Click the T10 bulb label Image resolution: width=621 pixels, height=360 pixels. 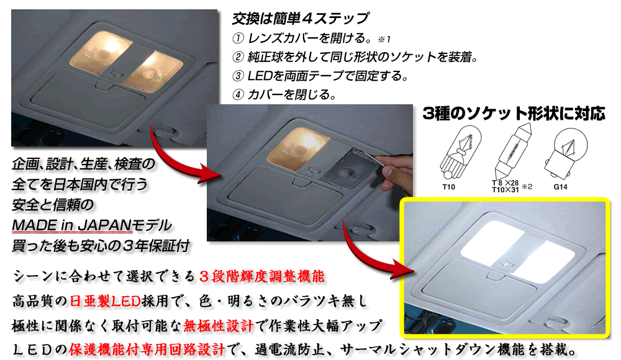(x=448, y=187)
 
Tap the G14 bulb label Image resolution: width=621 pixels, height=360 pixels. (x=560, y=187)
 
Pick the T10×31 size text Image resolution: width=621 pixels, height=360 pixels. (x=505, y=190)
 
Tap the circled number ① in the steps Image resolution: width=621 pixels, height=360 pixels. (x=238, y=38)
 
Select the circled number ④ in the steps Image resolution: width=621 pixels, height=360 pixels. (x=238, y=94)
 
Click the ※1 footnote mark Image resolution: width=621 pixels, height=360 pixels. (x=384, y=39)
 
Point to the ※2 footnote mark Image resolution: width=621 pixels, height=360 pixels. (x=527, y=186)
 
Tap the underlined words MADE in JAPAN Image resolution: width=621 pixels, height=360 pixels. (x=71, y=225)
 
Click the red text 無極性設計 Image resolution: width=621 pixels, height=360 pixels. (x=218, y=325)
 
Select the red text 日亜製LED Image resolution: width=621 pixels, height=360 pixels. (x=105, y=302)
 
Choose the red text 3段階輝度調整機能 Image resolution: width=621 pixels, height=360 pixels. (x=261, y=276)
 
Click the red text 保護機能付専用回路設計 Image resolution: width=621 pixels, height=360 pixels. (x=147, y=349)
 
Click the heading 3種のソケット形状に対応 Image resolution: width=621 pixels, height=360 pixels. (x=514, y=114)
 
